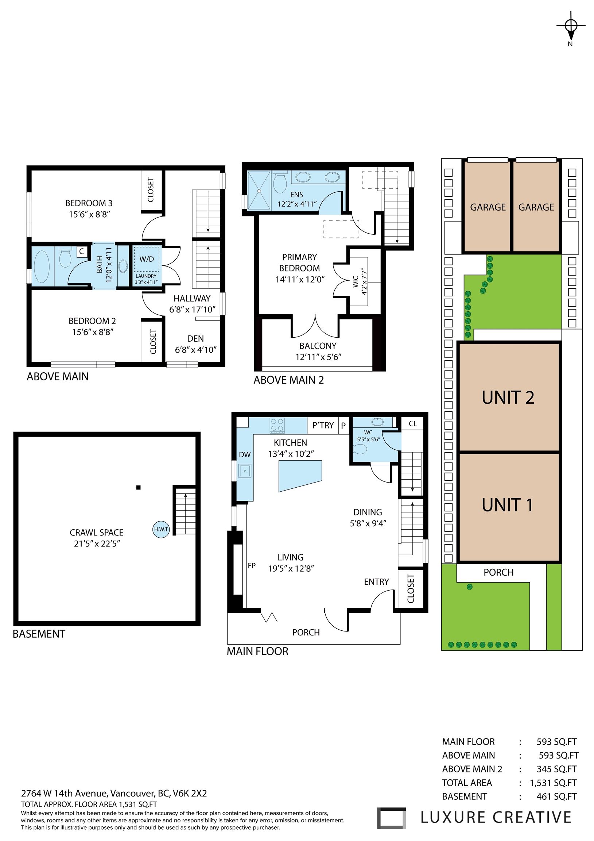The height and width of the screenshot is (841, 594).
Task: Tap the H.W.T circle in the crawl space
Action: (x=161, y=529)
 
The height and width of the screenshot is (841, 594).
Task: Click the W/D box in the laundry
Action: (x=146, y=259)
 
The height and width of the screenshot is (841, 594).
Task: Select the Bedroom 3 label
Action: (x=89, y=203)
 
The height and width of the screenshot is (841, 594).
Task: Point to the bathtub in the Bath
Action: (x=42, y=266)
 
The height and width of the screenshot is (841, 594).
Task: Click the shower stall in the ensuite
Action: (x=259, y=191)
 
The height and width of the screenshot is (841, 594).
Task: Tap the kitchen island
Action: (x=300, y=476)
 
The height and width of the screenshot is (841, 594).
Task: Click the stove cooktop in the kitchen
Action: (x=277, y=425)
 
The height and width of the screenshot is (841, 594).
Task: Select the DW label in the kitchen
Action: (x=244, y=454)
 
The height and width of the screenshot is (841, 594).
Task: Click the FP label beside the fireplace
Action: (x=252, y=565)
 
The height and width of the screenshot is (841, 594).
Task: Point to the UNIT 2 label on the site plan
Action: (x=508, y=398)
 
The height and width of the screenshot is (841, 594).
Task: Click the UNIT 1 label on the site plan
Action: (x=507, y=505)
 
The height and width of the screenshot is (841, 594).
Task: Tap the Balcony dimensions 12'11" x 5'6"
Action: (x=318, y=357)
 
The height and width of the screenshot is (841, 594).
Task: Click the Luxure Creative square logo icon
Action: (x=391, y=818)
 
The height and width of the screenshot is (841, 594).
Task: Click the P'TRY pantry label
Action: (x=323, y=425)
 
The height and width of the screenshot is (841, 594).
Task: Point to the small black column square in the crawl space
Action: (x=138, y=487)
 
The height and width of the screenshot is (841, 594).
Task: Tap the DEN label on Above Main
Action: (x=195, y=338)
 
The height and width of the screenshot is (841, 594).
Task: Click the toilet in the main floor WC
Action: (x=361, y=449)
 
